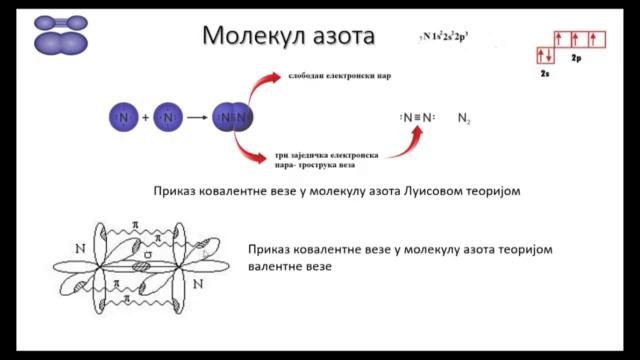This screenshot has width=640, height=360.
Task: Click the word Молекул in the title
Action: click(252, 37)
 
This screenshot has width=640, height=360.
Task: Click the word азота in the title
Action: click(340, 37)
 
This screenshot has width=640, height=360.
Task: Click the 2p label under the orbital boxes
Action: click(577, 60)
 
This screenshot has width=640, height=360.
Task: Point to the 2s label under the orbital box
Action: click(545, 73)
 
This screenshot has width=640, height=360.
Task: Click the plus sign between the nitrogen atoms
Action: click(145, 118)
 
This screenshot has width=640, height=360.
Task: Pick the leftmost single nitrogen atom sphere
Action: click(121, 118)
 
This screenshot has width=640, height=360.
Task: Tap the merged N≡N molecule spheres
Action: click(234, 118)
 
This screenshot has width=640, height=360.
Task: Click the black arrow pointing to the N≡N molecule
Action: click(196, 118)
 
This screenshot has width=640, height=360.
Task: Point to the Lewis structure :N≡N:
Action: click(418, 118)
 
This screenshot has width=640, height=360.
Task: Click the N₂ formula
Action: click(464, 119)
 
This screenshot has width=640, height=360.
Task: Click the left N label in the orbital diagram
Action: click(80, 246)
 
